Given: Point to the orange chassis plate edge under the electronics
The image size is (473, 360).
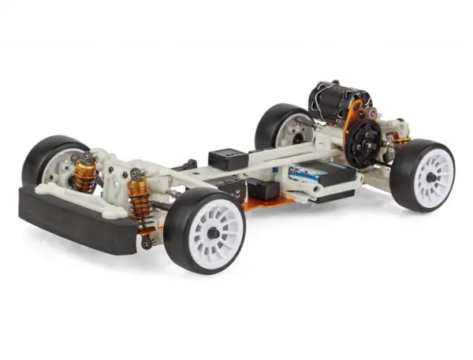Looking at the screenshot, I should tap(260, 207).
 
